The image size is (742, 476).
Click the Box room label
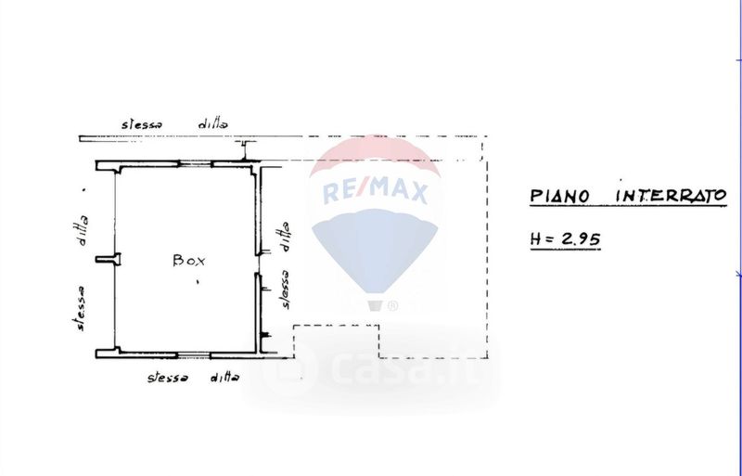point(189,261)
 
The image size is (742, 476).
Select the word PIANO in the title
point(559,196)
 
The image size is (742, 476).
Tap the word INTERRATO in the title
point(671,195)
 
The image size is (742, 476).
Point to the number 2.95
point(581,238)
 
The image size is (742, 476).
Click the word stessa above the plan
point(142,124)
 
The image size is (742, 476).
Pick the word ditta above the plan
point(213,124)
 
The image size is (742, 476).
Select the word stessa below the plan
point(168,378)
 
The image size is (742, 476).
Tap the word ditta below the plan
point(224,377)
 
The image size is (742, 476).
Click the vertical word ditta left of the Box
point(83,231)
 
